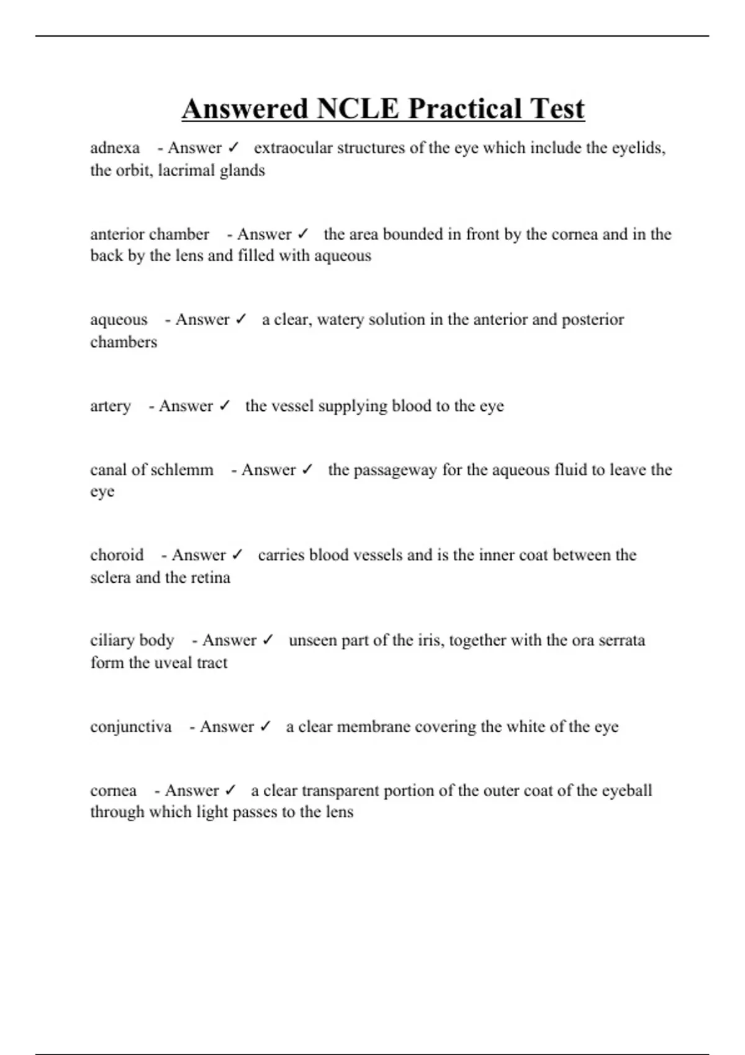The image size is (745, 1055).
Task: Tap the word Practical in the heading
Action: [456, 109]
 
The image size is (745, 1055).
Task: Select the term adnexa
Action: [115, 148]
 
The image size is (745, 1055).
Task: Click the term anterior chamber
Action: [150, 235]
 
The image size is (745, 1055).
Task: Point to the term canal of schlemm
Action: [151, 470]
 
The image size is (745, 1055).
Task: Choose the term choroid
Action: [117, 555]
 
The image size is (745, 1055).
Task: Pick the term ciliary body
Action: [132, 640]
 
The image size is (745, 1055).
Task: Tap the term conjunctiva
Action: [130, 727]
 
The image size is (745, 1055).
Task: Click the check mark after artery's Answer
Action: [225, 406]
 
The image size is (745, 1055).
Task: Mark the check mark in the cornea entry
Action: [230, 791]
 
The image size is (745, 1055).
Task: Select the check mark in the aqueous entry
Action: [241, 320]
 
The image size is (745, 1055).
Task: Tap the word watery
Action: [340, 320]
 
